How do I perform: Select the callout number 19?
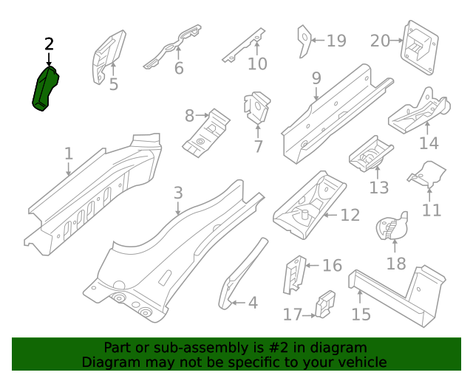[336, 41]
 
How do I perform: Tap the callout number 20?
[379, 41]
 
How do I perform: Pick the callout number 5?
[113, 85]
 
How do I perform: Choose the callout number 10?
[257, 64]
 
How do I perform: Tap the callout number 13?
[378, 188]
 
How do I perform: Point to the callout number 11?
[432, 210]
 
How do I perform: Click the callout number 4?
[253, 303]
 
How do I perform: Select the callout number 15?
[361, 315]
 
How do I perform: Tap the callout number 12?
[350, 216]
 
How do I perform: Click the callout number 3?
[177, 193]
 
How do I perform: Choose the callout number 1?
[69, 154]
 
